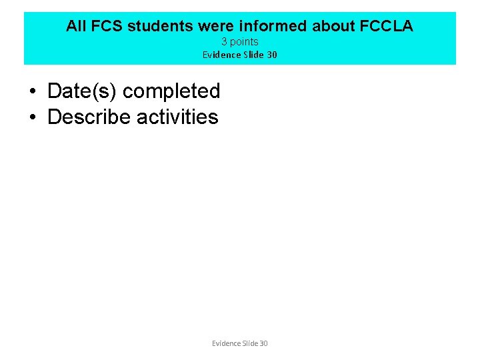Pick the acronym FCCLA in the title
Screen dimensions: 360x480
(387, 26)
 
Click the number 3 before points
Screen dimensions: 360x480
(224, 42)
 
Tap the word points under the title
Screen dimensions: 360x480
(244, 42)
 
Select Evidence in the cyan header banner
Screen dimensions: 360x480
(221, 55)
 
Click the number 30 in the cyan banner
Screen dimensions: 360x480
(271, 55)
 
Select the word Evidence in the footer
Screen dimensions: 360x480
(226, 343)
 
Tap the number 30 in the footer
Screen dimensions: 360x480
(263, 343)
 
